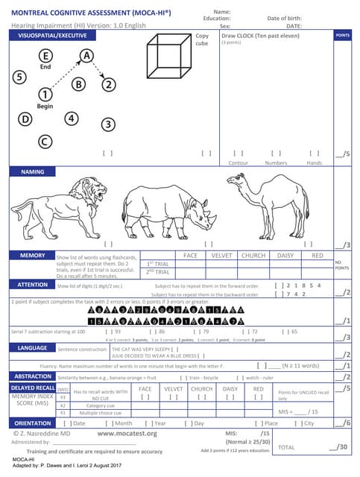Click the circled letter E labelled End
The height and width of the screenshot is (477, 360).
[45, 57]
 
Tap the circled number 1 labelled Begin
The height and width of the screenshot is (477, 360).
[45, 94]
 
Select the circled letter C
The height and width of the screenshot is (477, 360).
[45, 140]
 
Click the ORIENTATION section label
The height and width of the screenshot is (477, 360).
[33, 423]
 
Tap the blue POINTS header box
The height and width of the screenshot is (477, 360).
[342, 36]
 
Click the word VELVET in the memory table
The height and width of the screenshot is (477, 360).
[222, 256]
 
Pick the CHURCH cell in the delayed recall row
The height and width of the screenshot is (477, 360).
[201, 389]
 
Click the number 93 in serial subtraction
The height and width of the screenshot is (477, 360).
[116, 331]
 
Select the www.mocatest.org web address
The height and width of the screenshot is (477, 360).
[127, 433]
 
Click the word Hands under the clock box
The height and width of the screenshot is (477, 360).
[315, 162]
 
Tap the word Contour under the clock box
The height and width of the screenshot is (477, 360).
[238, 162]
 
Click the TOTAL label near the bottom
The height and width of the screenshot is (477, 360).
[286, 448]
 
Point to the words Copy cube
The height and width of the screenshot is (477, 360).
[202, 40]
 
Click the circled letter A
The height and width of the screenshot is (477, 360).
[87, 56]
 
